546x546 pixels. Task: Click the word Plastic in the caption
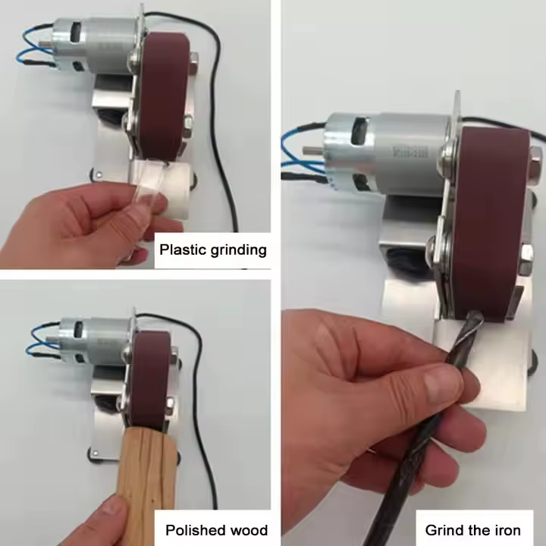point(180,250)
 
